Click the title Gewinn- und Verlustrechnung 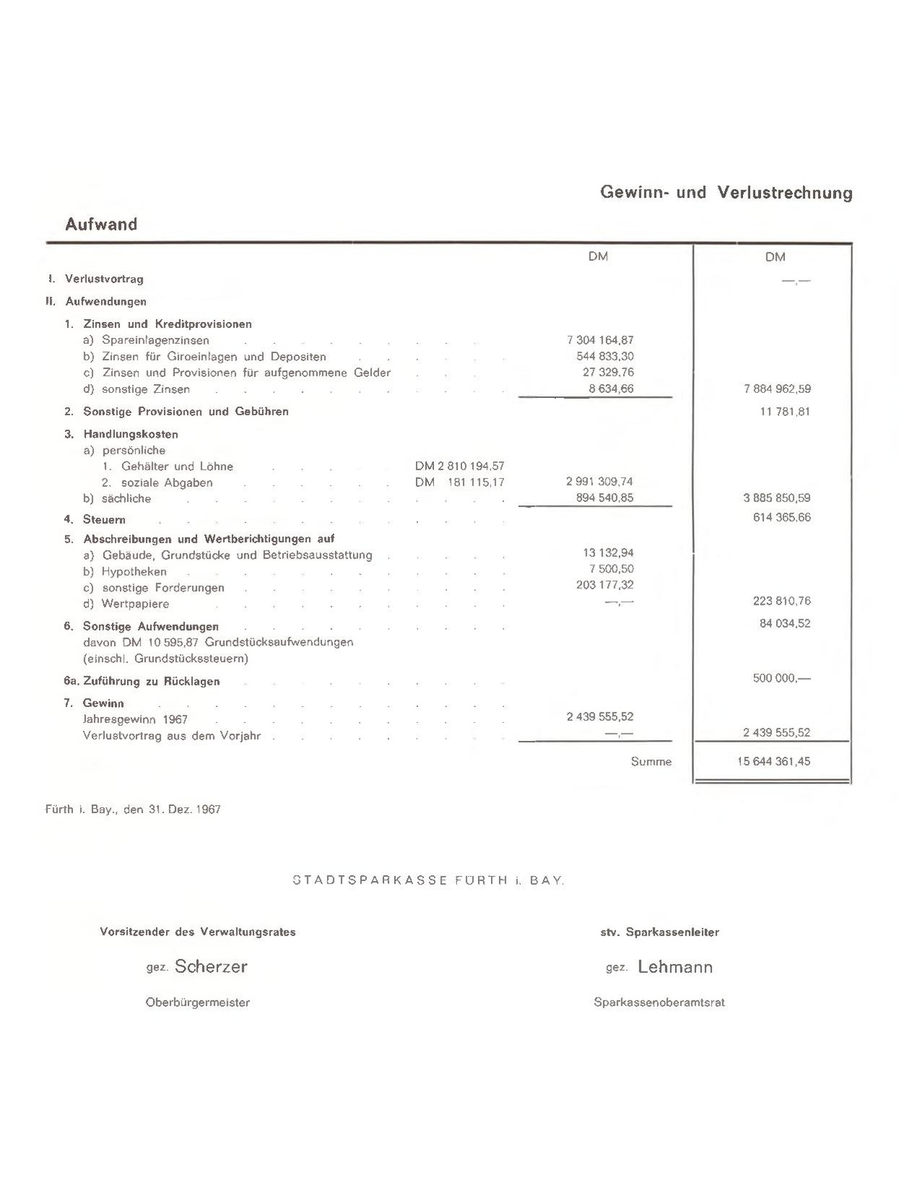(726, 192)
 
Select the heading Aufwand (101, 224)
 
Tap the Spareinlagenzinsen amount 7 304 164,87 (600, 340)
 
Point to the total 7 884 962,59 (777, 389)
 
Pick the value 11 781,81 (785, 412)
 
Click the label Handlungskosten (130, 434)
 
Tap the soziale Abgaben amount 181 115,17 (476, 483)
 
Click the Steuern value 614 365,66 (781, 517)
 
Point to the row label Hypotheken (134, 572)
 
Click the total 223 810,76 (781, 600)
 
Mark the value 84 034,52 (785, 623)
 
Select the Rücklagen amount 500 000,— (781, 679)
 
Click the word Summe (651, 761)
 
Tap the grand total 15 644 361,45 (774, 761)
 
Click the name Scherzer (210, 967)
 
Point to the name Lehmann (675, 967)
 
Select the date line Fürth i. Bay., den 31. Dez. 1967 (133, 810)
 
